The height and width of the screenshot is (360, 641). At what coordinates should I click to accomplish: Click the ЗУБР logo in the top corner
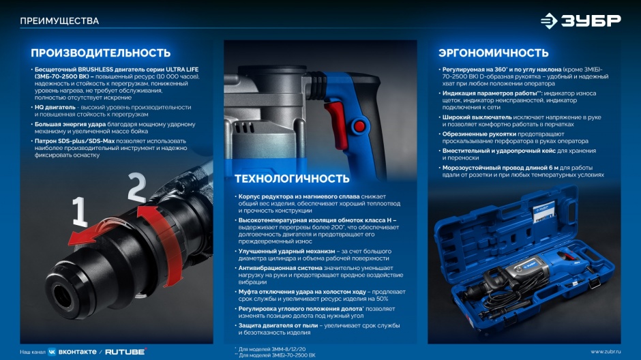[580, 20]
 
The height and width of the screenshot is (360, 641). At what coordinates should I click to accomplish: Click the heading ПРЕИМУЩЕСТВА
[59, 21]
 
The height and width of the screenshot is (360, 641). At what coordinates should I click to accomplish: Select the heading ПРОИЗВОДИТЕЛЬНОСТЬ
[100, 52]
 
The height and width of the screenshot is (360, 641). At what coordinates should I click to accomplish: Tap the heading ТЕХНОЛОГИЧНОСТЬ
[292, 179]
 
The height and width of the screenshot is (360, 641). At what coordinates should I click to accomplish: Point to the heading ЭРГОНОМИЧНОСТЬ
[494, 52]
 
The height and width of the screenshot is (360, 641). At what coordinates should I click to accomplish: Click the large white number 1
[80, 211]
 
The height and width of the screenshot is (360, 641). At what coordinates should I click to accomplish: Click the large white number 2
[137, 187]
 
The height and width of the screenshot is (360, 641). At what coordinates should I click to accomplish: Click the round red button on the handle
[359, 126]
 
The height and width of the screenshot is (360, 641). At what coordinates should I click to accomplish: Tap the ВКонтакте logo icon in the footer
[52, 352]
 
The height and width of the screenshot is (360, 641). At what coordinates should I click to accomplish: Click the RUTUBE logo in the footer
[125, 351]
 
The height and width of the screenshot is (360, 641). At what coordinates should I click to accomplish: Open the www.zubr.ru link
[606, 351]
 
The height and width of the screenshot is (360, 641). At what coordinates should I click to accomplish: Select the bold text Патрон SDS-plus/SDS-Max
[74, 141]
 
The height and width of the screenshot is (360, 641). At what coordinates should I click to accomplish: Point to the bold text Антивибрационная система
[280, 268]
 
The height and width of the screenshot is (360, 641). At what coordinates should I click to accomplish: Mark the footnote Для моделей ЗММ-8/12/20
[272, 349]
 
